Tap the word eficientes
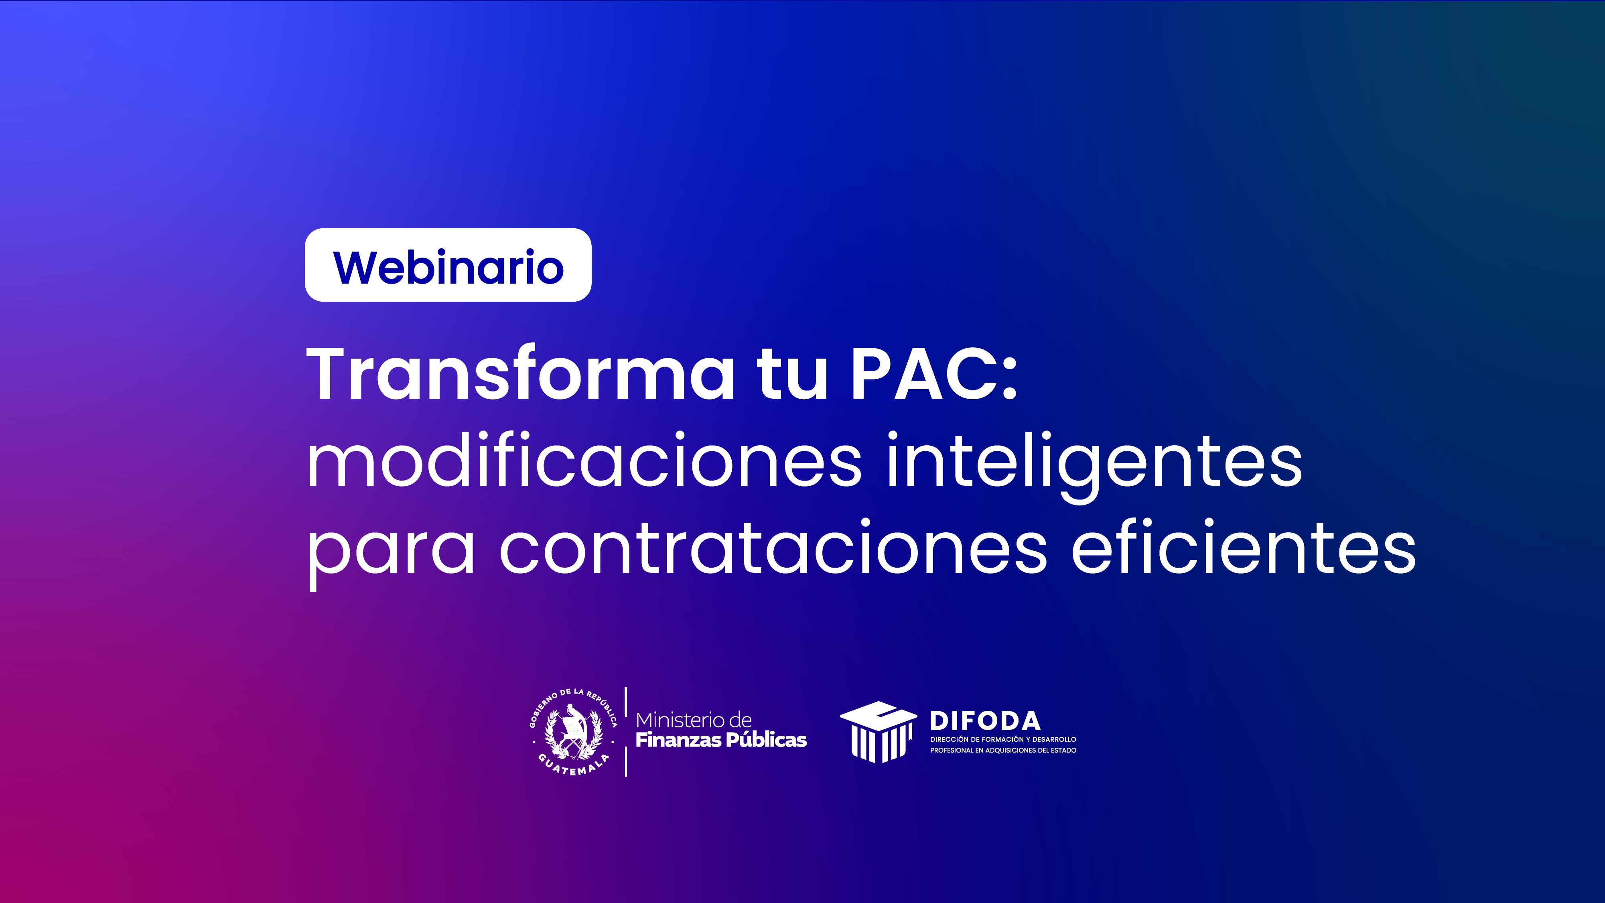pos(1244,545)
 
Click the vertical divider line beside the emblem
pos(625,732)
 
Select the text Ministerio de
pos(694,720)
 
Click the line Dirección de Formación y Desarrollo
pos(1003,739)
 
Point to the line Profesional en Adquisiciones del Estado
pos(1003,750)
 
